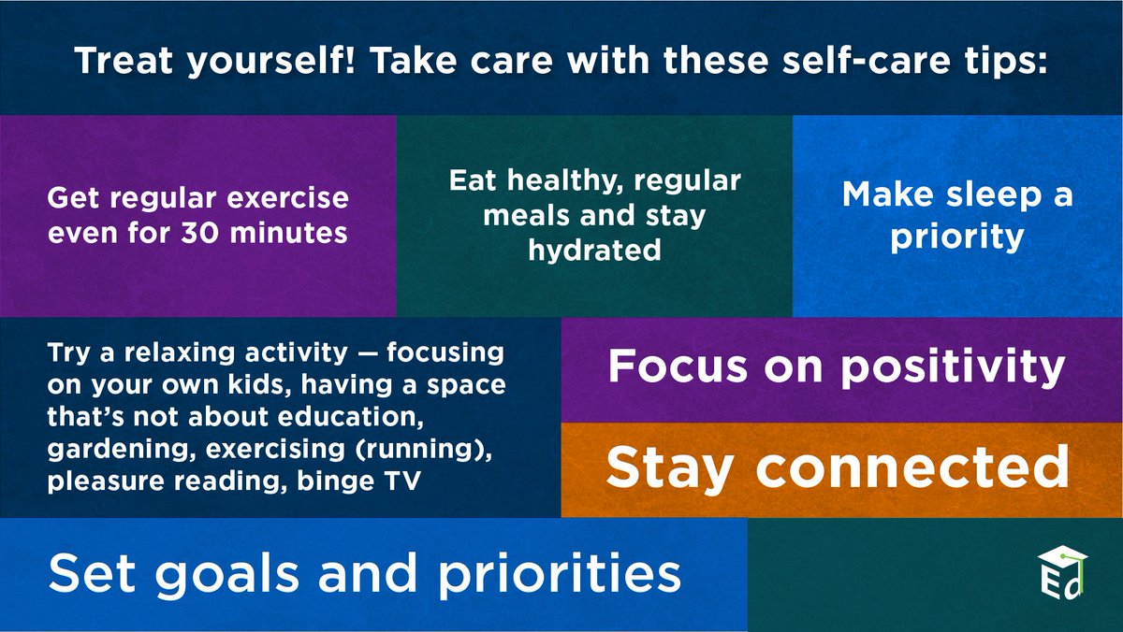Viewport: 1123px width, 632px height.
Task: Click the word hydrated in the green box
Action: pos(594,251)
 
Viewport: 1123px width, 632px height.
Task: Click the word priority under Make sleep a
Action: pos(956,237)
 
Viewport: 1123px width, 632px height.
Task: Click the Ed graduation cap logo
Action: pos(1064,572)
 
